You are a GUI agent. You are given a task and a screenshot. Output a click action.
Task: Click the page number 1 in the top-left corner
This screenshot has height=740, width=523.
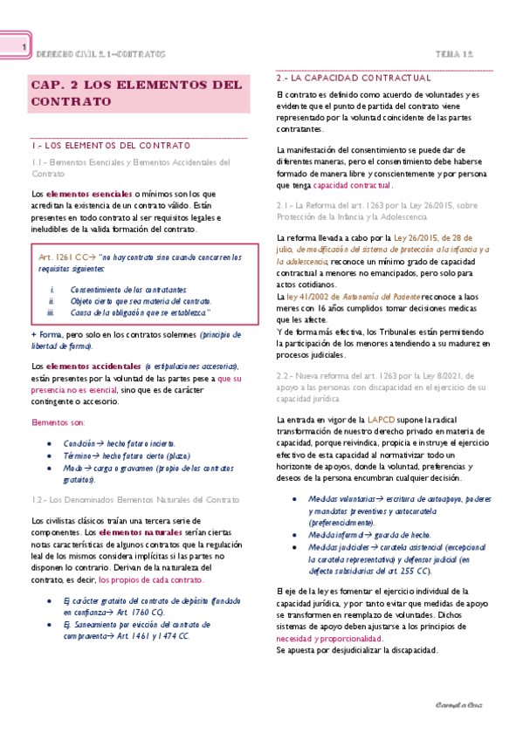[x=24, y=47]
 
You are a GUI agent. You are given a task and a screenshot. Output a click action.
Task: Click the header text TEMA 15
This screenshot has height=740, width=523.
[x=455, y=54]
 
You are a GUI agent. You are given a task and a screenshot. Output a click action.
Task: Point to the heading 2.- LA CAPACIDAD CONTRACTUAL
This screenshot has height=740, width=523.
[x=347, y=79]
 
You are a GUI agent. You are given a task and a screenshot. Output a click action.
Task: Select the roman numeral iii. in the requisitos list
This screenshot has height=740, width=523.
[x=52, y=312]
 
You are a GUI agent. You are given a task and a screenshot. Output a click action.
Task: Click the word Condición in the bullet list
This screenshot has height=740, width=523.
[x=79, y=443]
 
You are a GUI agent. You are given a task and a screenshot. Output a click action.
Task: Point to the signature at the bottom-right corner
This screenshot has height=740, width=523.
[x=459, y=704]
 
